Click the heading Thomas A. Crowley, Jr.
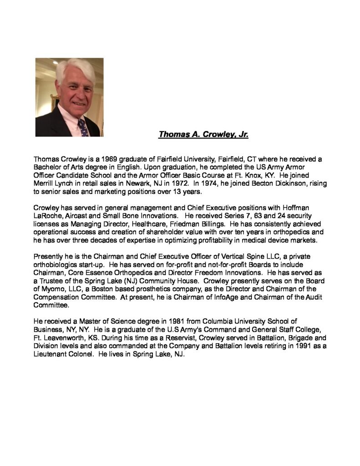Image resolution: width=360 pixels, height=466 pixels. click(x=203, y=134)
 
